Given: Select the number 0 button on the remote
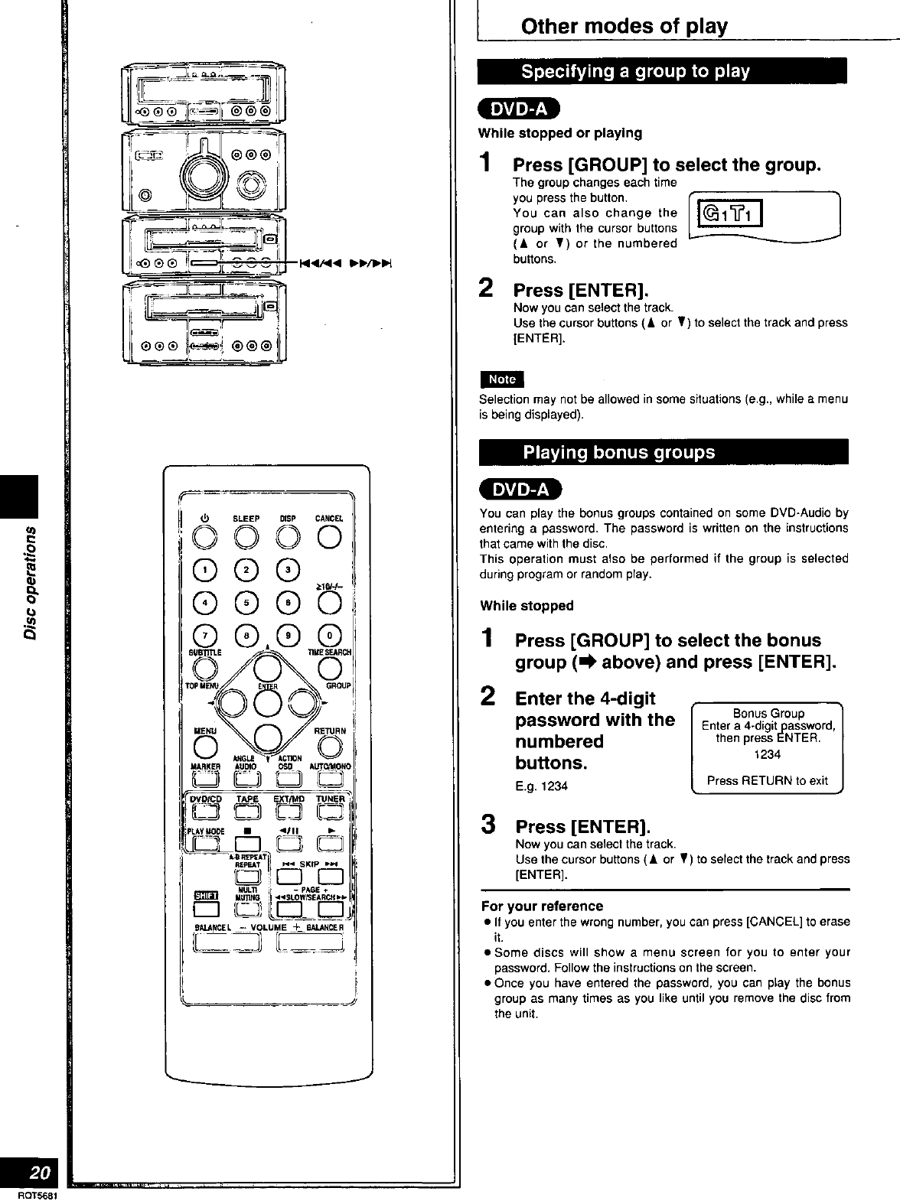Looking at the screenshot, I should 330,634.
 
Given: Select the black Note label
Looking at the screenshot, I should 501,379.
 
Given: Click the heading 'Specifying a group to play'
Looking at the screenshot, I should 634,72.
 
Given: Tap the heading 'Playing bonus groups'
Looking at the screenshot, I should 618,452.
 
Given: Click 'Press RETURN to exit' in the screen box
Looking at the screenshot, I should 767,780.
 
